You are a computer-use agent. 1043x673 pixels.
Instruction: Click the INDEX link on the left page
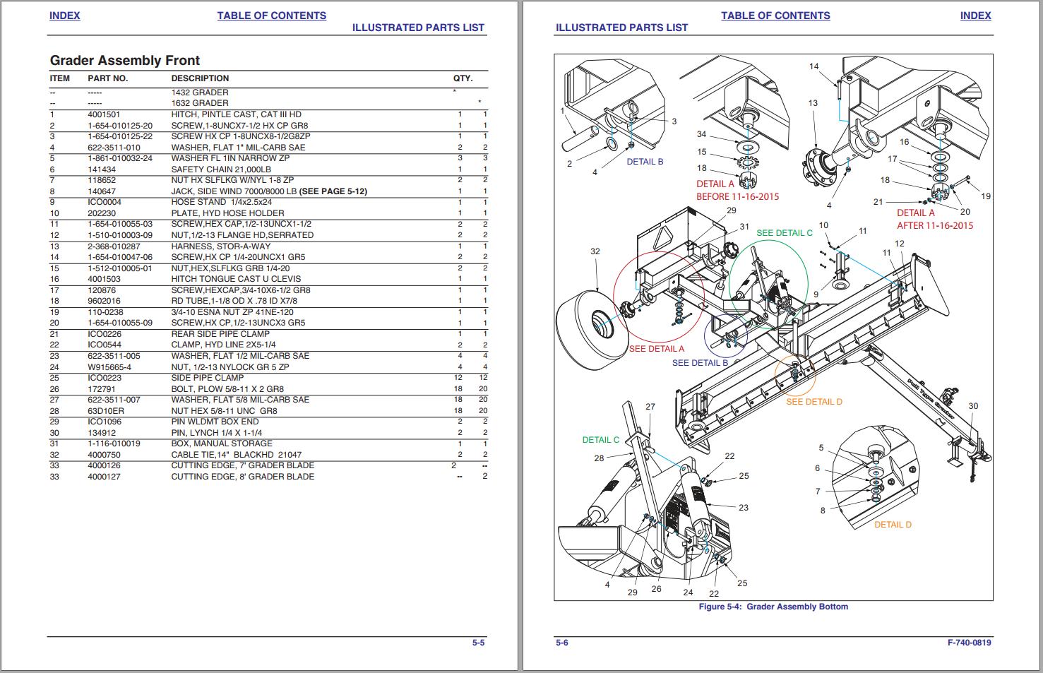pos(64,16)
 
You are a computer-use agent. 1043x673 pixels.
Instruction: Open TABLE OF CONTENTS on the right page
pos(775,16)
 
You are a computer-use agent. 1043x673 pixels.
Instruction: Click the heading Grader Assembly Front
pos(124,61)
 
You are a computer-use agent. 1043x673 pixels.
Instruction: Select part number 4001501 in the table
pos(103,114)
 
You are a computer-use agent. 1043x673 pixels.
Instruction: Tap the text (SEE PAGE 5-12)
pos(333,191)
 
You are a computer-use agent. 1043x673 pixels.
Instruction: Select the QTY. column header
pos(463,78)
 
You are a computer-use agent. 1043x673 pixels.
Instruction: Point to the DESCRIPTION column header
pos(200,78)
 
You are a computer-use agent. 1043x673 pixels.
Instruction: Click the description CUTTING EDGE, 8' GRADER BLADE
pos(242,477)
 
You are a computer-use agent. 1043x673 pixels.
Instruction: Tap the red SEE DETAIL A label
pos(656,349)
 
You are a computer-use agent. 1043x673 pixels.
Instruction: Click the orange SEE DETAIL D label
pos(813,402)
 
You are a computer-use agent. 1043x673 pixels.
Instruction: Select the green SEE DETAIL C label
pos(784,233)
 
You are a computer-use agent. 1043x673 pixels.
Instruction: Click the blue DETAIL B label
pos(645,162)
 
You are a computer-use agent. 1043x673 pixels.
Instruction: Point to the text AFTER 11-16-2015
pos(934,225)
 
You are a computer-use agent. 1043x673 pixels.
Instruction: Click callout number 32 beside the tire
pos(595,251)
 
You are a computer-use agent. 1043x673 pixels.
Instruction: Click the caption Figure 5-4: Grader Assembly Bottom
pos(773,607)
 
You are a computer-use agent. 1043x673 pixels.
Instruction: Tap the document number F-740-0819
pos(969,643)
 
